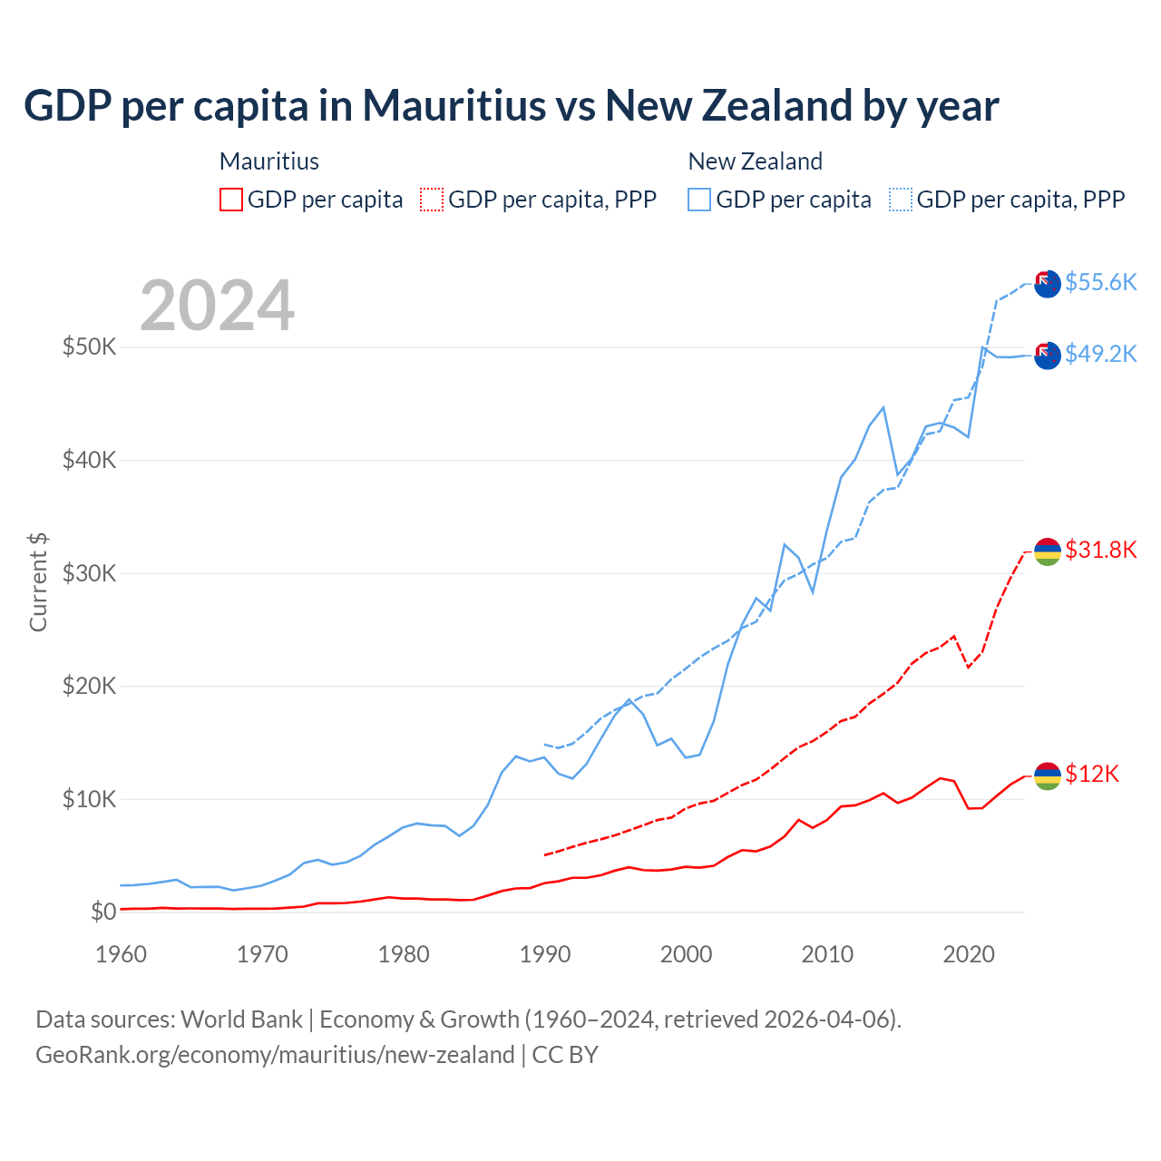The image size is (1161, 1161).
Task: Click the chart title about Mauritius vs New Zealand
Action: click(x=511, y=106)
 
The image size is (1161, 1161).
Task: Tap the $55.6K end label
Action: click(x=1100, y=282)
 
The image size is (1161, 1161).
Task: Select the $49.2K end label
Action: click(x=1100, y=354)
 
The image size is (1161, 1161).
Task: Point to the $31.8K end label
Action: click(x=1100, y=550)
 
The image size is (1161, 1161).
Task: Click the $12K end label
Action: click(x=1092, y=774)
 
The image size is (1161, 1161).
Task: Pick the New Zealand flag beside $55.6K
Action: click(x=1048, y=284)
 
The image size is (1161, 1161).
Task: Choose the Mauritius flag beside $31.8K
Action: click(x=1048, y=551)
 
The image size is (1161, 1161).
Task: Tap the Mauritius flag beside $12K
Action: click(x=1048, y=776)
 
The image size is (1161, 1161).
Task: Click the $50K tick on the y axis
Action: click(x=89, y=346)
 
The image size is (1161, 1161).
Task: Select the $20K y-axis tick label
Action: click(x=89, y=686)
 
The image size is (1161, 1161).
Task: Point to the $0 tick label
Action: click(x=103, y=912)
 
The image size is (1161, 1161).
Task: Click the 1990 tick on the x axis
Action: click(x=544, y=954)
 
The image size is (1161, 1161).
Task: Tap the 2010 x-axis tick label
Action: click(x=827, y=954)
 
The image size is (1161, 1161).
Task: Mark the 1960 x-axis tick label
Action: click(x=121, y=954)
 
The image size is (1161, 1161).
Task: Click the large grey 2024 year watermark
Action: click(x=217, y=306)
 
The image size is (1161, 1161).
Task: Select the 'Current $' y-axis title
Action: click(x=38, y=582)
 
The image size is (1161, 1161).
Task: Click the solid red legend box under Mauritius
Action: click(x=231, y=200)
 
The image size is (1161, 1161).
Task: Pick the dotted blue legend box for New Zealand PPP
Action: click(x=901, y=200)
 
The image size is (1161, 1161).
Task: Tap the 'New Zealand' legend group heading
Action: click(x=755, y=161)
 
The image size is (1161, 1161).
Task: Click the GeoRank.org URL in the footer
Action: click(x=275, y=1055)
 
